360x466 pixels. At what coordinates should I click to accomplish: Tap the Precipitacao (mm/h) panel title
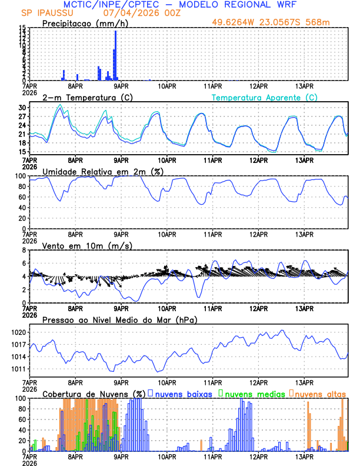click(85, 24)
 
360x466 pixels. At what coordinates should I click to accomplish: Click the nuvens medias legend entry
click(253, 393)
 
